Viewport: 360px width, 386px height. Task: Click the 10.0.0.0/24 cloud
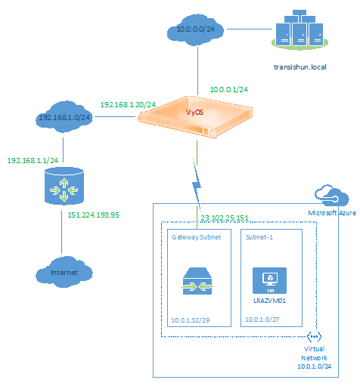pos(195,30)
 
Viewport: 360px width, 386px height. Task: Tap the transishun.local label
pos(300,67)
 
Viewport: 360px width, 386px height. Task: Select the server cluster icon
pos(299,29)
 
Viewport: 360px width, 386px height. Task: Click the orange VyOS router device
pos(195,117)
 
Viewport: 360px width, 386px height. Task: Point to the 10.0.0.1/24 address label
pos(229,90)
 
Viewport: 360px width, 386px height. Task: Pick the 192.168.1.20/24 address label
pos(128,105)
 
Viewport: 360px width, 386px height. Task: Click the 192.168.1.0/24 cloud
pos(64,117)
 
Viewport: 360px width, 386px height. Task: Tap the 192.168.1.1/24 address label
pos(33,161)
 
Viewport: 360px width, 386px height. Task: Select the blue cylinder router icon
pos(64,186)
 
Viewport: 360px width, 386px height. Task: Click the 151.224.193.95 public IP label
pos(93,215)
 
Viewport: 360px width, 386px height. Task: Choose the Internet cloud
pos(64,272)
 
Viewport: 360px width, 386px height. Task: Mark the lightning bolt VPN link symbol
pos(197,184)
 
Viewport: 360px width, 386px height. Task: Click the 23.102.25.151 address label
pos(225,218)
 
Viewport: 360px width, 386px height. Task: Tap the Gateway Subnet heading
pos(196,237)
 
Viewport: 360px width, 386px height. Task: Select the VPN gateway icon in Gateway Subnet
pos(197,281)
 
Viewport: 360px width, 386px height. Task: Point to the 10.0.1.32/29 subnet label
pos(191,320)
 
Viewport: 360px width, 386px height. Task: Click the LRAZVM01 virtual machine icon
pos(269,280)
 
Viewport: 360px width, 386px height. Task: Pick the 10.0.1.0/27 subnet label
pos(262,320)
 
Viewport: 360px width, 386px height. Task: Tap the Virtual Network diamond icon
pos(315,336)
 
